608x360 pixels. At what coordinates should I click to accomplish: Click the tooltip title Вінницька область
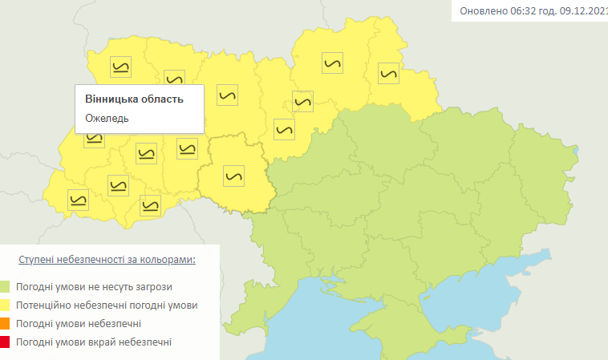(134, 99)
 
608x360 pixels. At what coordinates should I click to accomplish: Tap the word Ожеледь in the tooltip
(107, 118)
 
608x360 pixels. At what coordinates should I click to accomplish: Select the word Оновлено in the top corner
(482, 12)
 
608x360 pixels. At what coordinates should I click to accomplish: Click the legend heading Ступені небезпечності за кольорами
(107, 261)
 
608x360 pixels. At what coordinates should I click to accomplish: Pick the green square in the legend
(5, 286)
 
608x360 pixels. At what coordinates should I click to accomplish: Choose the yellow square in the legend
(5, 305)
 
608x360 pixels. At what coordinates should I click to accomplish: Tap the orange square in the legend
(5, 324)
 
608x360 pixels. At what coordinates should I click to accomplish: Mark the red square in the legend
(5, 342)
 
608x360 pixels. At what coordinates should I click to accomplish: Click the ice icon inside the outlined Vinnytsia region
(234, 175)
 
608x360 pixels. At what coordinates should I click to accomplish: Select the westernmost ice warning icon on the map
(78, 200)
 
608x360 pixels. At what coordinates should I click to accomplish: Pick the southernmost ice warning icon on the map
(150, 205)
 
